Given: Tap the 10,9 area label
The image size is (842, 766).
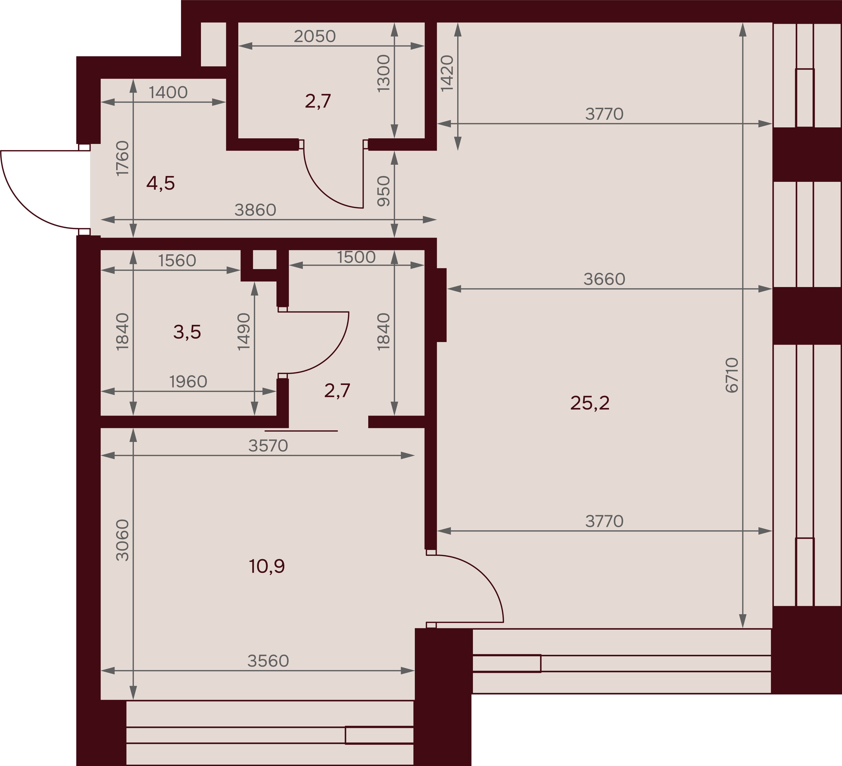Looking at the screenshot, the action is click(x=267, y=567).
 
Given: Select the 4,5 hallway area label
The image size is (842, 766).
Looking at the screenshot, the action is click(x=160, y=183).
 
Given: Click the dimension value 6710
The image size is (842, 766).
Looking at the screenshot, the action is click(x=732, y=375).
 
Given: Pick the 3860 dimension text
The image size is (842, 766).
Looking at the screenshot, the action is click(x=255, y=210).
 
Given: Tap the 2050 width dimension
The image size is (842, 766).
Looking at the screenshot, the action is click(x=315, y=36).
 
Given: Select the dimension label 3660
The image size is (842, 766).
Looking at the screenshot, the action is click(x=604, y=279).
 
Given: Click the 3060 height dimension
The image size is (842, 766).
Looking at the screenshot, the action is click(x=122, y=540).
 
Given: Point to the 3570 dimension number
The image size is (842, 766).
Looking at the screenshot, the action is click(x=268, y=446).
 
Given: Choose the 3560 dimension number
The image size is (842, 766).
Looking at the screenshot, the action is click(x=268, y=661).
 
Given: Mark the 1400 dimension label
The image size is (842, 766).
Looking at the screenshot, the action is click(x=168, y=92).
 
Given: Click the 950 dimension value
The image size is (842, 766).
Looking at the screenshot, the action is click(x=383, y=191).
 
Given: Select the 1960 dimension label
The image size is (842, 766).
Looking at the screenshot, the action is click(x=188, y=382).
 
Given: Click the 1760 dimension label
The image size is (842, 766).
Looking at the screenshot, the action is click(x=122, y=158).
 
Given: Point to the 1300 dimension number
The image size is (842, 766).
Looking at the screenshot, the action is click(x=383, y=74).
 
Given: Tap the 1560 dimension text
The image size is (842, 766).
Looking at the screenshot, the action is click(x=177, y=260).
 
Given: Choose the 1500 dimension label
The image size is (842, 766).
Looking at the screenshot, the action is click(x=356, y=257).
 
